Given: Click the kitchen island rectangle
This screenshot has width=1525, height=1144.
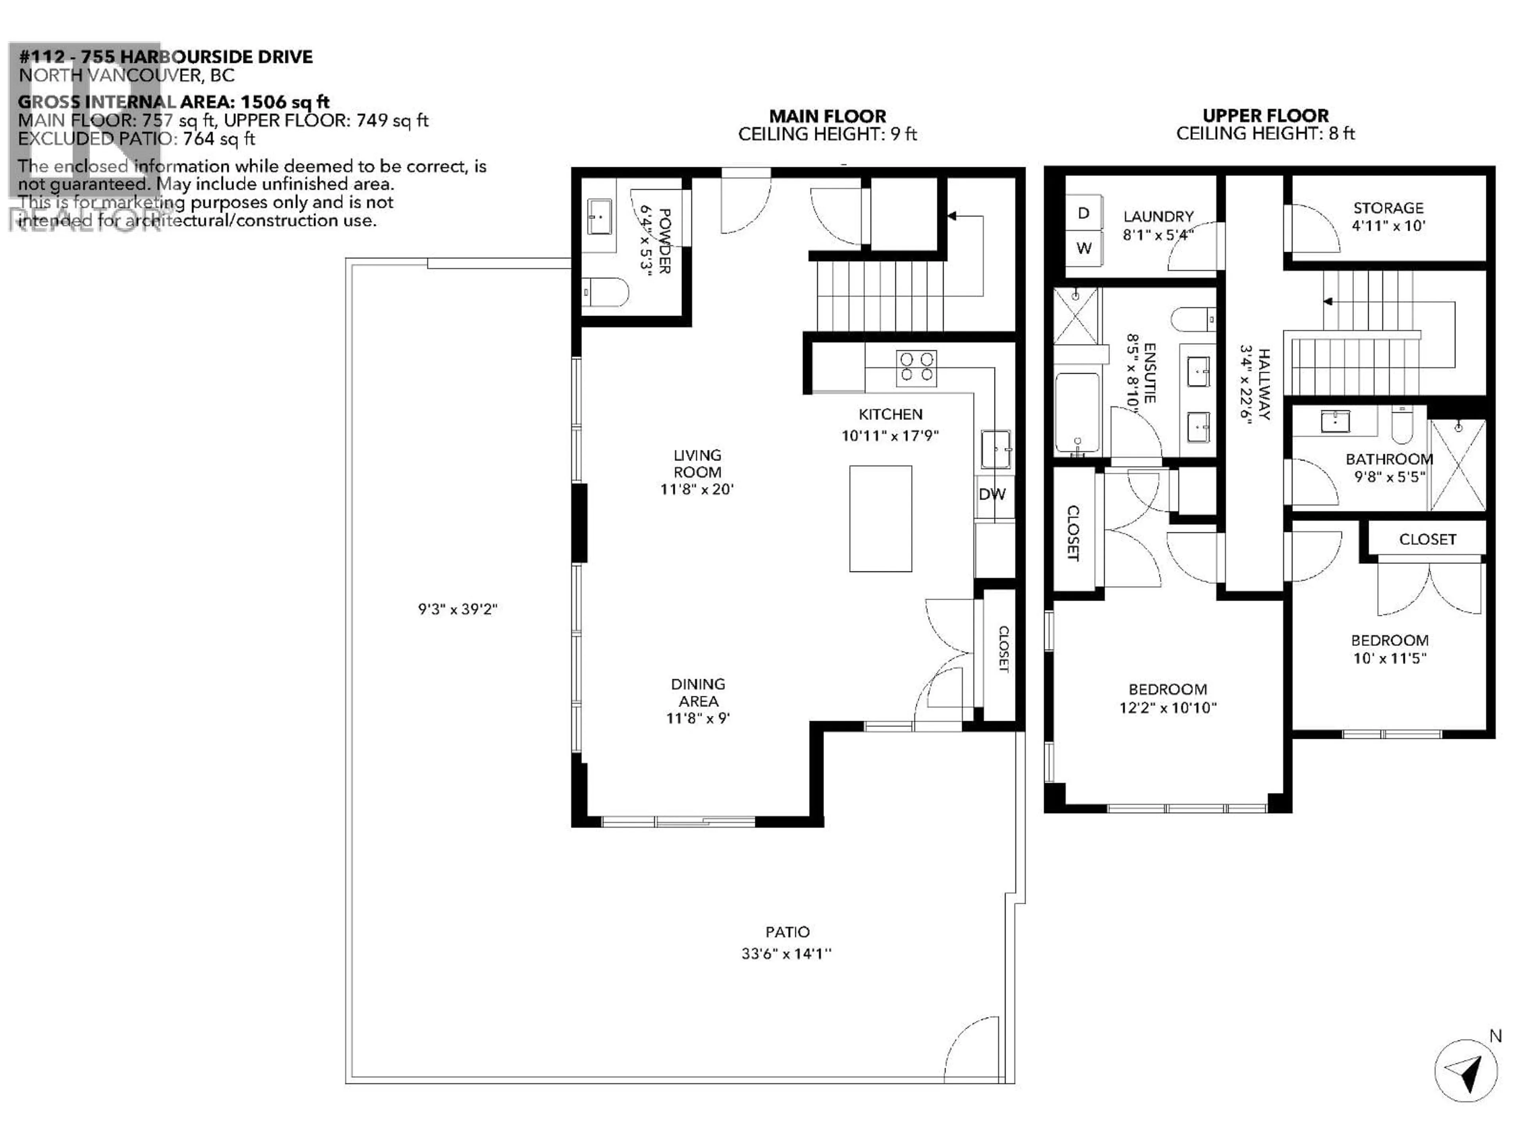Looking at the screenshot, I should click(x=880, y=518).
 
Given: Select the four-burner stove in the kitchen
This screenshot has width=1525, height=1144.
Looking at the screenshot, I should click(x=916, y=367).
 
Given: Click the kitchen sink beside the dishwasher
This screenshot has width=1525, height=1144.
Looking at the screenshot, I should click(x=996, y=449).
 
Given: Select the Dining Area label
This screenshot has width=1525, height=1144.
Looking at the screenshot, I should click(x=698, y=692).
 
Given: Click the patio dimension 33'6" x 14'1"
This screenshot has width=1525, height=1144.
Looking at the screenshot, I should click(x=787, y=954).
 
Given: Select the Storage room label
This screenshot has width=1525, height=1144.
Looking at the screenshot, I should click(x=1388, y=208).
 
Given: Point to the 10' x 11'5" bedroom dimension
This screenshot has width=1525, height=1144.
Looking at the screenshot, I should click(x=1389, y=658).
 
